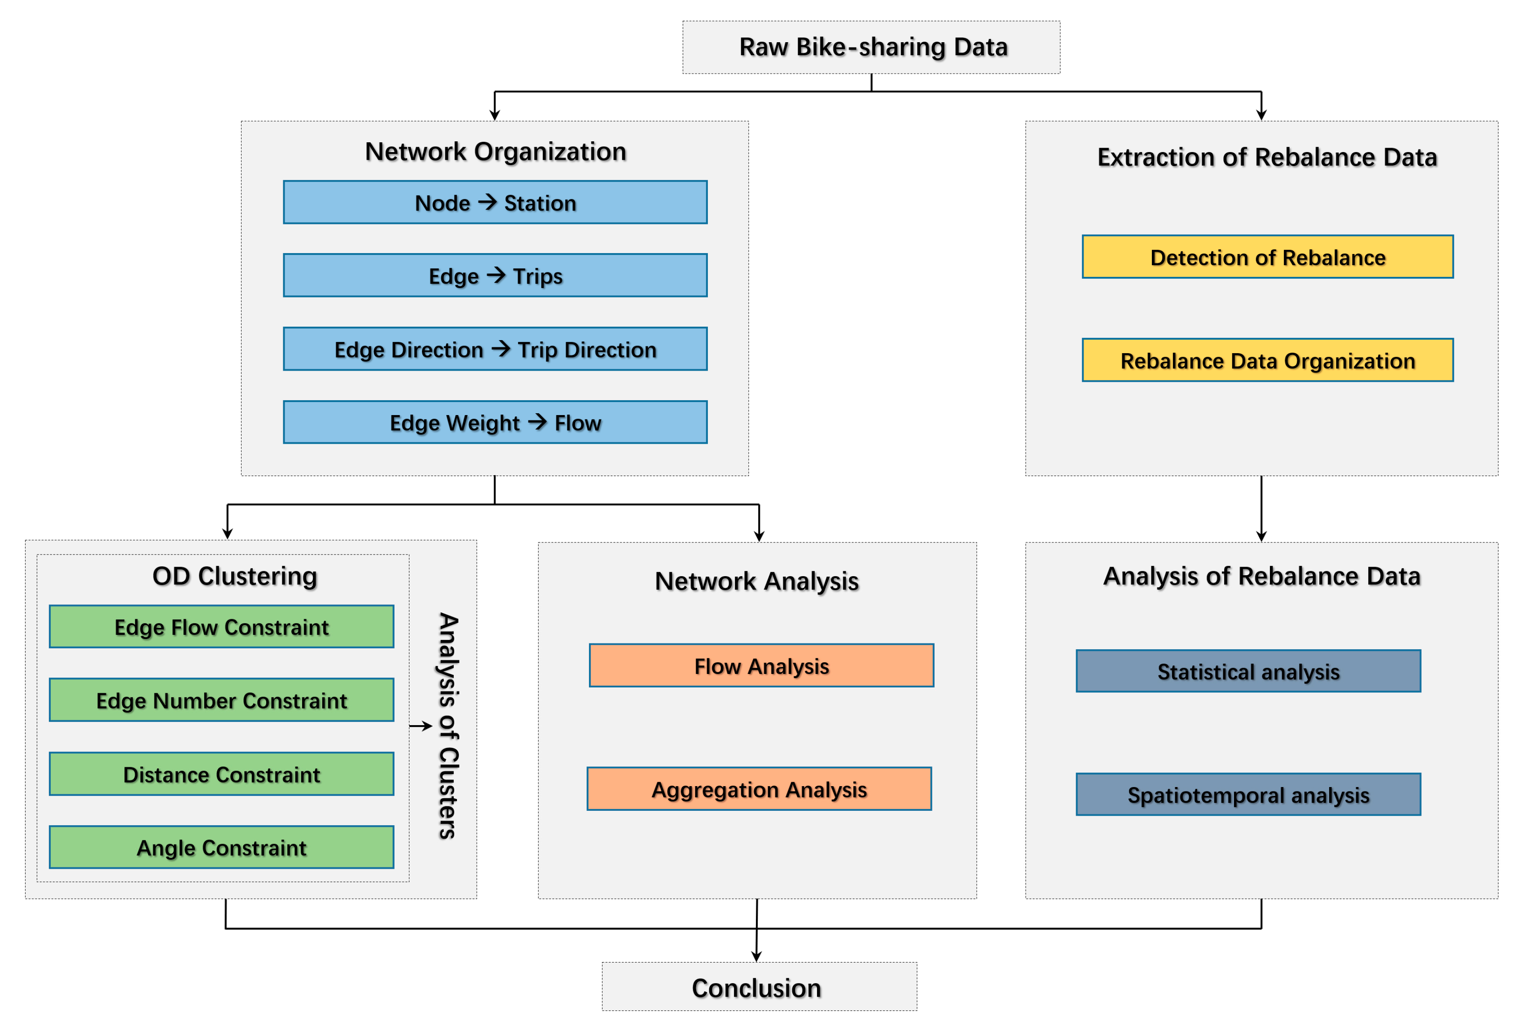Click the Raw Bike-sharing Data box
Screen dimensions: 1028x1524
click(x=871, y=47)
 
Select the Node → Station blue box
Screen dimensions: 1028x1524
click(x=495, y=202)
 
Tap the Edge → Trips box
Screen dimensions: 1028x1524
click(x=495, y=276)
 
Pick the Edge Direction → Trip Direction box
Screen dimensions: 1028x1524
click(x=495, y=349)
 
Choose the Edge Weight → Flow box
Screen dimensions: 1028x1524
click(x=495, y=422)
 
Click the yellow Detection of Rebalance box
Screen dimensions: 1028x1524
click(x=1267, y=257)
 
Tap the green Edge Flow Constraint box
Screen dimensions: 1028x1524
click(x=222, y=627)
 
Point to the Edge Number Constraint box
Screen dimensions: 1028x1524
click(x=222, y=700)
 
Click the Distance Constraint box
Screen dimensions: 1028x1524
click(x=222, y=774)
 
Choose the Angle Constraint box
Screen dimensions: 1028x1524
click(x=222, y=847)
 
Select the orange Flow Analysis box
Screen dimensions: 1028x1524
click(x=761, y=665)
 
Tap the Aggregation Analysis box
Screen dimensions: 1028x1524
click(x=759, y=789)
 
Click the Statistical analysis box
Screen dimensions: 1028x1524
click(x=1248, y=671)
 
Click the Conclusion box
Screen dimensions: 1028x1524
click(x=759, y=987)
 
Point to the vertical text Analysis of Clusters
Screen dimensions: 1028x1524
click(x=448, y=725)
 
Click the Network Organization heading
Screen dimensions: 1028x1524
click(x=495, y=152)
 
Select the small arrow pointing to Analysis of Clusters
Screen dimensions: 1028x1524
click(x=421, y=726)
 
